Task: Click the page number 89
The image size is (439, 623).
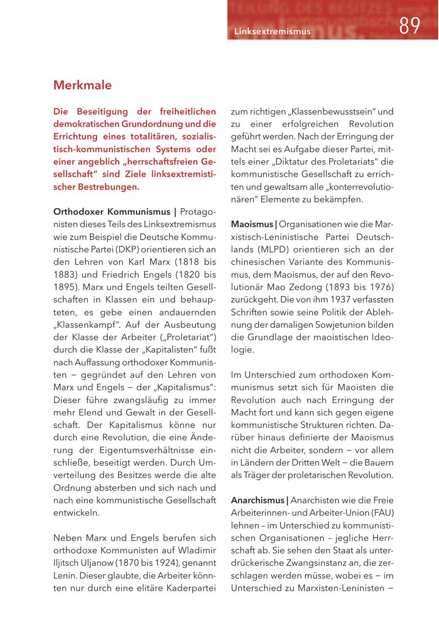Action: pyautogui.click(x=409, y=26)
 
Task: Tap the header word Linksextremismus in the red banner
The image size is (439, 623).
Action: pyautogui.click(x=272, y=31)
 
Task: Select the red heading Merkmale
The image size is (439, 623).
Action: pyautogui.click(x=82, y=85)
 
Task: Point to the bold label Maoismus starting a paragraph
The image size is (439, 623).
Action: pyautogui.click(x=252, y=225)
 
